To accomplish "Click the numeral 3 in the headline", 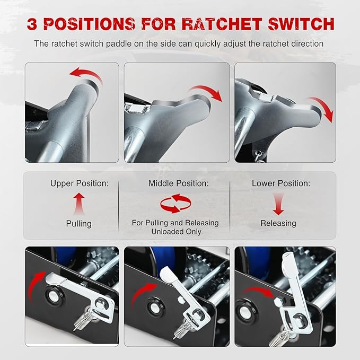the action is (x=32, y=24).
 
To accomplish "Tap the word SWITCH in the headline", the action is (x=301, y=24).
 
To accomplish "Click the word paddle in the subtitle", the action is (x=118, y=43).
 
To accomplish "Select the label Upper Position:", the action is (x=80, y=183).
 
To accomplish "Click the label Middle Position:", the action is (x=179, y=183).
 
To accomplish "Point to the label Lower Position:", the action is (x=281, y=183).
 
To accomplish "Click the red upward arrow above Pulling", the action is (x=79, y=204).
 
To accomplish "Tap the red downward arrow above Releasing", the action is (x=278, y=204).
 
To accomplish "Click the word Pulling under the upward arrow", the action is (x=79, y=224).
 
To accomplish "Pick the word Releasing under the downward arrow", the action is (x=278, y=223).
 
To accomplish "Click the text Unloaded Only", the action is (x=177, y=231).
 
